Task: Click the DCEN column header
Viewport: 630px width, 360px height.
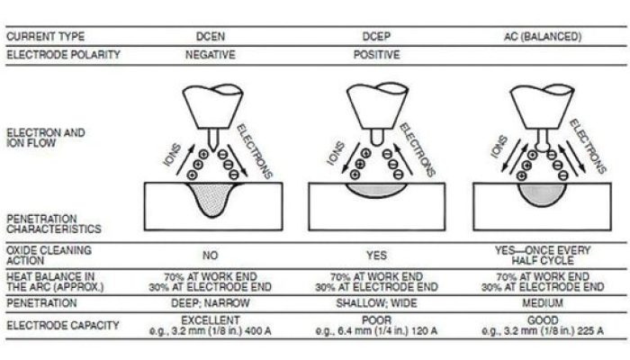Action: click(210, 37)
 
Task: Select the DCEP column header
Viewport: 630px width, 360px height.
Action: click(376, 37)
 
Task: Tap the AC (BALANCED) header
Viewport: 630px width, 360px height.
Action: click(543, 37)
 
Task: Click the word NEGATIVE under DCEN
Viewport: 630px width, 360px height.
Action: click(210, 55)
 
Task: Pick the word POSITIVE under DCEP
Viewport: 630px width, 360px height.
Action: click(376, 55)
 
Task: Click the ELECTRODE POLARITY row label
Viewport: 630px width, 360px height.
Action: click(64, 55)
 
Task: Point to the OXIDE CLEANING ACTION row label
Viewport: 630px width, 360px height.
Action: click(49, 256)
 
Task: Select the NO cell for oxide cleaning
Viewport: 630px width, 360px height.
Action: click(210, 256)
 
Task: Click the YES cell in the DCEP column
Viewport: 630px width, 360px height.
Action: click(376, 256)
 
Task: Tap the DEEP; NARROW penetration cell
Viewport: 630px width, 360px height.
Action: click(210, 303)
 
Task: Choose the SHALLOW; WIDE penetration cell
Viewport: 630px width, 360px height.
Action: click(376, 303)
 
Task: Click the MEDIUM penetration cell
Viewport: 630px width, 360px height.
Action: click(543, 303)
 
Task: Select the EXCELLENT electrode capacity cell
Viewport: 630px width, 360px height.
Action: click(210, 320)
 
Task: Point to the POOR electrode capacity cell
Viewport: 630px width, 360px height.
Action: click(376, 320)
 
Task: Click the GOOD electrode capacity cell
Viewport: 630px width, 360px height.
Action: click(543, 320)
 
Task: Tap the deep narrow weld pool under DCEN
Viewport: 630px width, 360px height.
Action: click(211, 198)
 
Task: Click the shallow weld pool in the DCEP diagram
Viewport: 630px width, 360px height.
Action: click(376, 189)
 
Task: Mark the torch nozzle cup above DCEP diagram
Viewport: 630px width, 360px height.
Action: click(377, 106)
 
